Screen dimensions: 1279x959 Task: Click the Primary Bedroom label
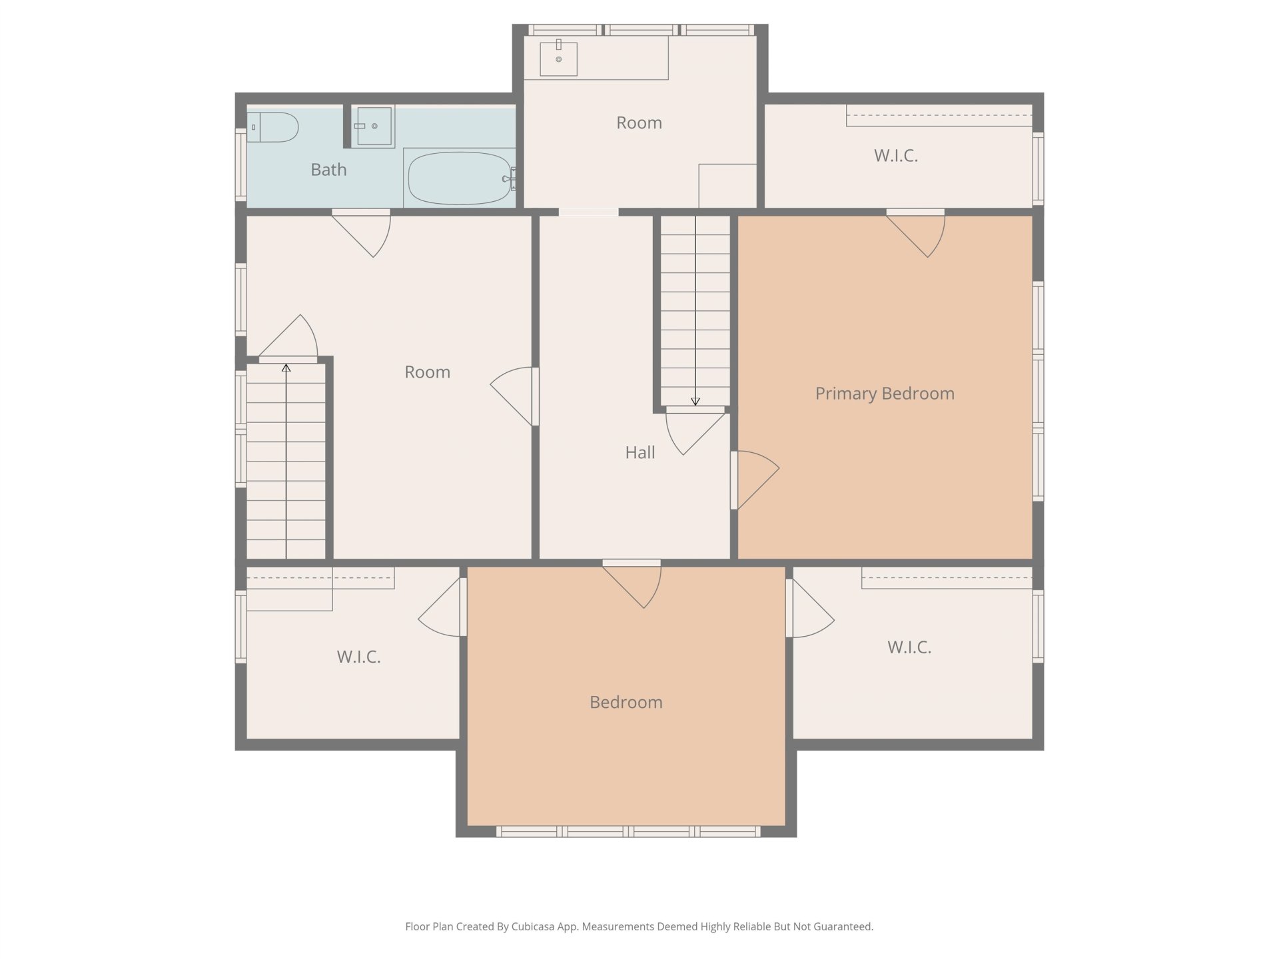[885, 394]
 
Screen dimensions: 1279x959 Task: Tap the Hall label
[640, 453]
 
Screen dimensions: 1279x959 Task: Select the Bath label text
[328, 170]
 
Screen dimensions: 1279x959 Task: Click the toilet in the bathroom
[272, 127]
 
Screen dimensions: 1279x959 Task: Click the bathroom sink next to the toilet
[373, 126]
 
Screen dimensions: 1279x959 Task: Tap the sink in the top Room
[558, 58]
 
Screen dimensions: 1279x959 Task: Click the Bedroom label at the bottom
[626, 702]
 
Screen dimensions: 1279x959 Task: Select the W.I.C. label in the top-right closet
[896, 156]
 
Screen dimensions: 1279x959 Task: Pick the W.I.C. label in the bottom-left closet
[359, 657]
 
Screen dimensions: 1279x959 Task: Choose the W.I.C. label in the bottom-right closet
[909, 647]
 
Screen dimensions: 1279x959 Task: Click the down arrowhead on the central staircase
[695, 402]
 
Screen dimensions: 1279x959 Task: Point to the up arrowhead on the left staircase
[286, 367]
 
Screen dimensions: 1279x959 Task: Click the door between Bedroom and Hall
[632, 584]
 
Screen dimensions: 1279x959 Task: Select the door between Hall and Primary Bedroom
[755, 480]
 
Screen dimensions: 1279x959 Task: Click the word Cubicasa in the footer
[535, 926]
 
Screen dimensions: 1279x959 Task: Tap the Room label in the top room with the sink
[639, 123]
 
